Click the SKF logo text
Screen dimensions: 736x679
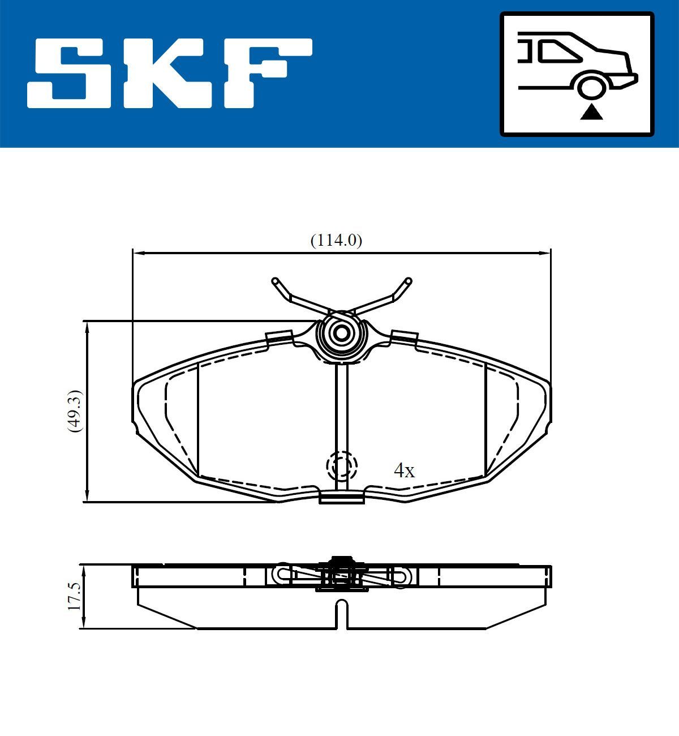[170, 74]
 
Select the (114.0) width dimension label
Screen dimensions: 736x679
[336, 240]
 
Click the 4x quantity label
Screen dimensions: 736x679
[404, 470]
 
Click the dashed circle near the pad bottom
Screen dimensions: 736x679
[342, 466]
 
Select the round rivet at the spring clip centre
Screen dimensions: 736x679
[341, 333]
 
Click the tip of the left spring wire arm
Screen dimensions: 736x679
[276, 281]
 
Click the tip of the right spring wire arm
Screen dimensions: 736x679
[408, 280]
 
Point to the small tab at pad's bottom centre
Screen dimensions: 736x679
[341, 498]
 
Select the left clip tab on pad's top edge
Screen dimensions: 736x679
[278, 336]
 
